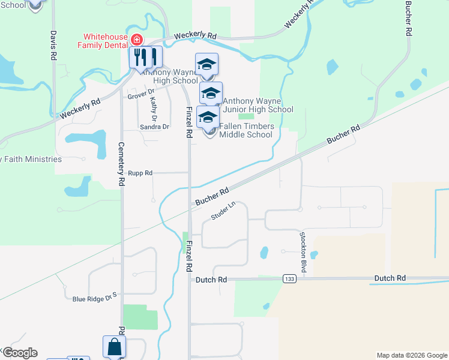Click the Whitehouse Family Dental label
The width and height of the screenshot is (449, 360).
(x=102, y=41)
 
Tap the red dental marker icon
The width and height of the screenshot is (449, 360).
(x=137, y=40)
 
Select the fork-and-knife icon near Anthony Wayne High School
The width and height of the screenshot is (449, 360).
(x=145, y=58)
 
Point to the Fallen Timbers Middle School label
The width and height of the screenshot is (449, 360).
(x=246, y=130)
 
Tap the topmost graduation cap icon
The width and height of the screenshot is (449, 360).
(x=206, y=65)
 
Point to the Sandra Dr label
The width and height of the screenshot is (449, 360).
(x=154, y=127)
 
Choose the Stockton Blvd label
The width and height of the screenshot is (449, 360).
(x=304, y=252)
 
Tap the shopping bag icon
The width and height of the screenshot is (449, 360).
(x=114, y=347)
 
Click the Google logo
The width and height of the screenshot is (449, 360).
(x=20, y=352)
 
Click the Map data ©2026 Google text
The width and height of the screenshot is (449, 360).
(x=411, y=355)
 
